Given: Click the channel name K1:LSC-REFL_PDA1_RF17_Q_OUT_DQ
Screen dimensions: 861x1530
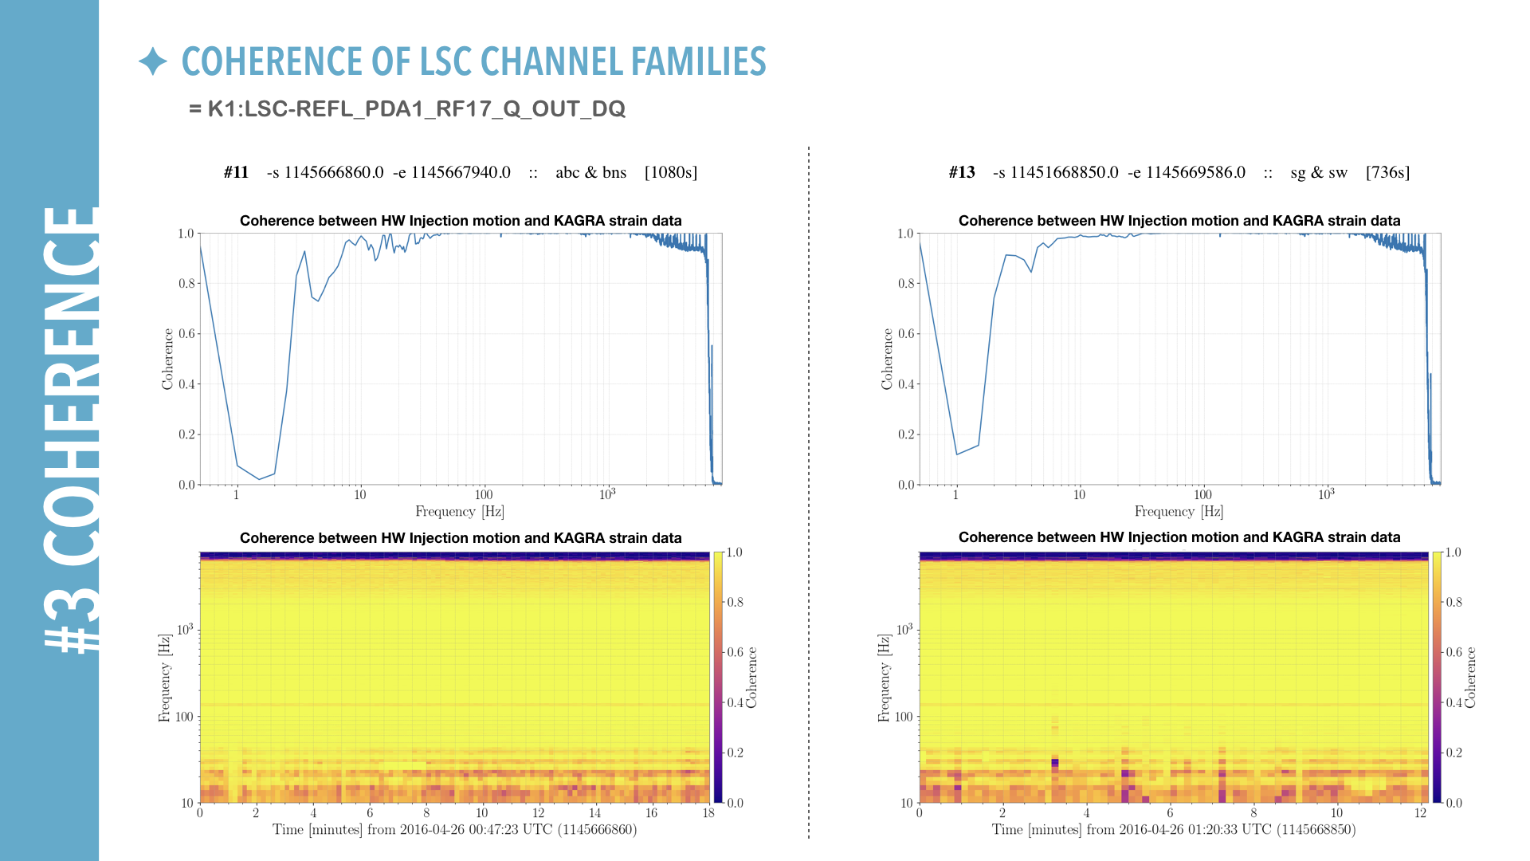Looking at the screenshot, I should [x=416, y=109].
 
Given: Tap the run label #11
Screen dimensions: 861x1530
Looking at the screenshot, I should [x=236, y=172].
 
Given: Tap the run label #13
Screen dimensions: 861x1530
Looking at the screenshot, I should [x=962, y=172].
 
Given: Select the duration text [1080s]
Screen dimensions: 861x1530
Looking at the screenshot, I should [x=670, y=172].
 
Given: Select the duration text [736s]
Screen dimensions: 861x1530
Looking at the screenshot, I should [x=1387, y=172].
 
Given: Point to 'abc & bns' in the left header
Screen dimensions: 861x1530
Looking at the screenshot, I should [x=590, y=172].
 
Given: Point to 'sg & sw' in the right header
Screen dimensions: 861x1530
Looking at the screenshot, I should [x=1319, y=172].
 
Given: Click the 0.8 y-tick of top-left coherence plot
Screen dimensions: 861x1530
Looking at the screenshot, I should [x=186, y=283].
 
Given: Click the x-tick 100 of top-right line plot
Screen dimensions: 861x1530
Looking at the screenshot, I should [x=1202, y=495].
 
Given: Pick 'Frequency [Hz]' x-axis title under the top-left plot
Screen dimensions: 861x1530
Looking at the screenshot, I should [x=460, y=512].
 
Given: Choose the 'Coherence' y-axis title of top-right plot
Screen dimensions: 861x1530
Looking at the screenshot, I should [x=887, y=359].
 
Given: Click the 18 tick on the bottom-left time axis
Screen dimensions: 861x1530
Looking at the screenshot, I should [x=708, y=813].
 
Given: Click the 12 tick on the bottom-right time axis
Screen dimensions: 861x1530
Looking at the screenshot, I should [x=1420, y=813].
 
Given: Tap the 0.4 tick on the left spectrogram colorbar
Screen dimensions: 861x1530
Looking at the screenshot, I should [x=735, y=702].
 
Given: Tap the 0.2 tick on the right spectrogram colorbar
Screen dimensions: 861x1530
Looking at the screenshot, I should [x=1453, y=753].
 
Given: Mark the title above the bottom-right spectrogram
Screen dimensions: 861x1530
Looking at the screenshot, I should [x=1179, y=537].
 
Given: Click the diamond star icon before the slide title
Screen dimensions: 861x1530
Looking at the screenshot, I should [x=152, y=62].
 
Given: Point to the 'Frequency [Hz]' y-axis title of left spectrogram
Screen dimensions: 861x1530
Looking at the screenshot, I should [x=164, y=678].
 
